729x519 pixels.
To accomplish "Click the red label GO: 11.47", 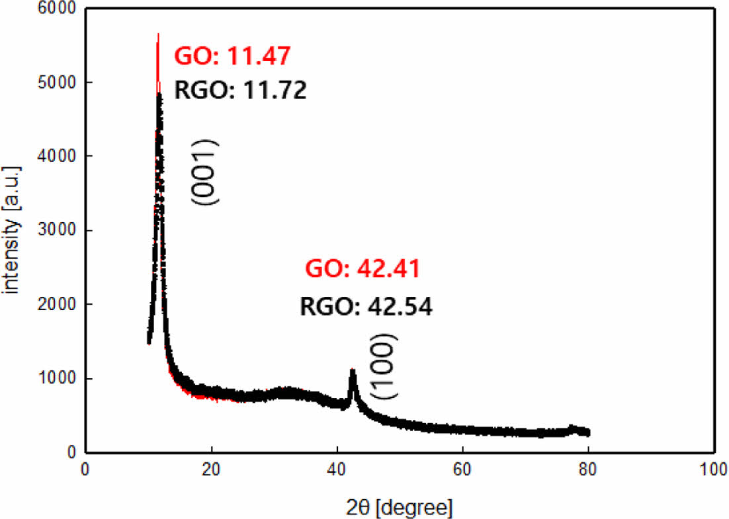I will pos(232,56).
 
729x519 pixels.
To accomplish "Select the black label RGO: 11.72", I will pos(241,90).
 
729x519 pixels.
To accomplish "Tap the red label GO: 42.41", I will pos(362,269).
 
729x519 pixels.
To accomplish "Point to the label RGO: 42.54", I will pos(366,307).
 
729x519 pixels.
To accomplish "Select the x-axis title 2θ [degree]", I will pos(400,508).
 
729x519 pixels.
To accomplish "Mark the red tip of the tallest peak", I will pos(158,34).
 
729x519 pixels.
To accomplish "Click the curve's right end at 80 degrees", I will pos(588,432).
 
